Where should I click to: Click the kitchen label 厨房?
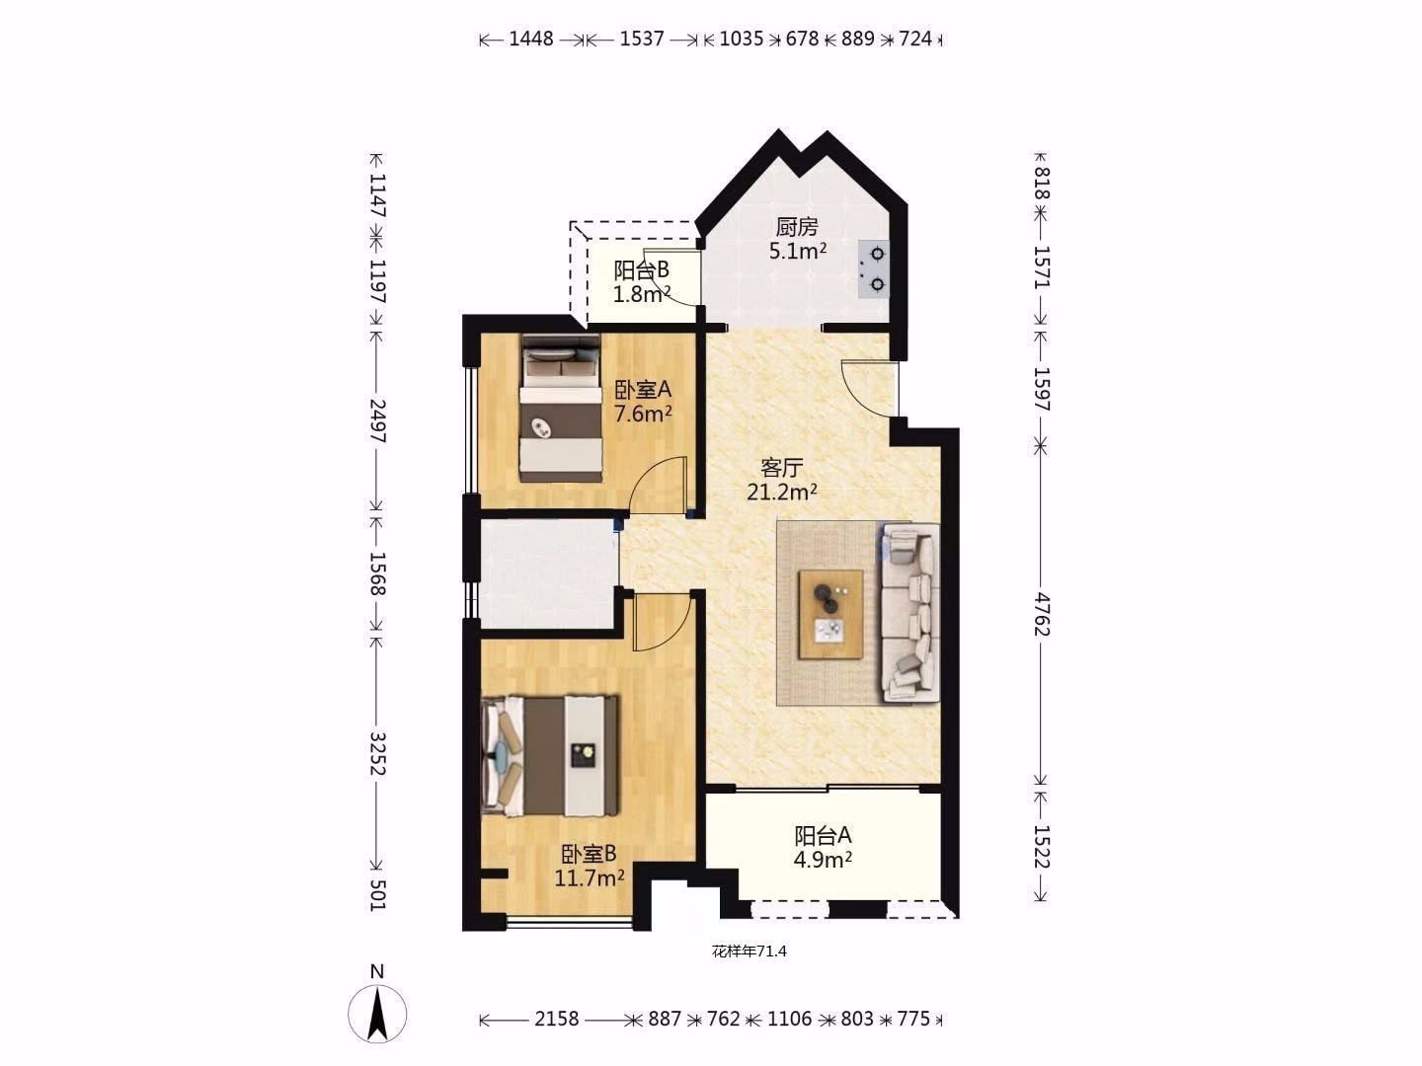(797, 227)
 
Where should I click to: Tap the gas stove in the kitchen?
(874, 269)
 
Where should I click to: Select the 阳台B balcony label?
(641, 269)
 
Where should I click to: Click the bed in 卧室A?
(561, 409)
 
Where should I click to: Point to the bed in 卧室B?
(550, 756)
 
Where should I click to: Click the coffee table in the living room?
(830, 614)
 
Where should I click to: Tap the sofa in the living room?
(910, 613)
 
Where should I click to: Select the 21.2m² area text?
(782, 493)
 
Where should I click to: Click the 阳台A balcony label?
(823, 836)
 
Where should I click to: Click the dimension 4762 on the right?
(1042, 614)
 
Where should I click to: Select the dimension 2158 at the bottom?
(557, 1019)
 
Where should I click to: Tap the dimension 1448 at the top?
(531, 38)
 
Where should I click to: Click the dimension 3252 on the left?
(377, 754)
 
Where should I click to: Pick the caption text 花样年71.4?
(749, 952)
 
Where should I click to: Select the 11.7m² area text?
(590, 878)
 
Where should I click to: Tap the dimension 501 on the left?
(377, 894)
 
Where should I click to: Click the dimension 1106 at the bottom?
(790, 1019)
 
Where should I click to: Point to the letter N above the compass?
(377, 971)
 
